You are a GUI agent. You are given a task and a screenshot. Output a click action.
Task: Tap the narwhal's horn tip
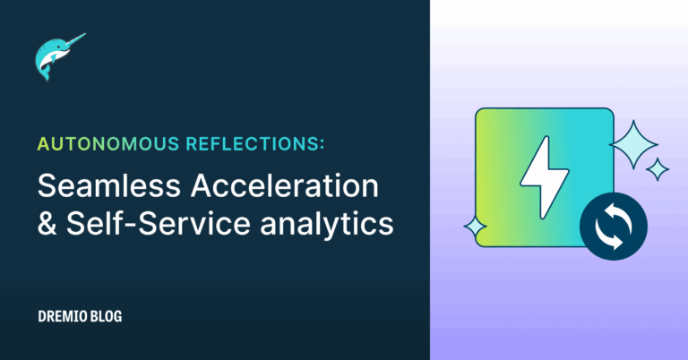coord(86,36)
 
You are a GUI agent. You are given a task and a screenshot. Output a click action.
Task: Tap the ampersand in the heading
coord(45,224)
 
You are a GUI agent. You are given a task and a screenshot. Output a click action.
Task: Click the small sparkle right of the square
coord(658,168)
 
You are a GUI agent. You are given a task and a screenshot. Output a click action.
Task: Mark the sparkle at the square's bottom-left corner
coord(475,230)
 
